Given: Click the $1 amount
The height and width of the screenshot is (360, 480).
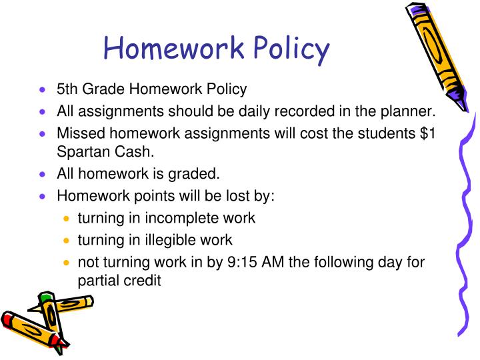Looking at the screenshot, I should (428, 132).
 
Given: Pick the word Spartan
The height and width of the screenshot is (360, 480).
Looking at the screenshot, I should (82, 152).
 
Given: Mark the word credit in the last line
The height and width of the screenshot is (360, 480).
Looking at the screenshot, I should (141, 281).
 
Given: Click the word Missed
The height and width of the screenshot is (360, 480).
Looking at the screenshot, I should (78, 132).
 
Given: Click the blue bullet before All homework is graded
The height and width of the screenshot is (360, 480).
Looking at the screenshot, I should (43, 175).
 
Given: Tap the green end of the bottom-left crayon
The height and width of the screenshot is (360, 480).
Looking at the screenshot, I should (45, 297).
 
